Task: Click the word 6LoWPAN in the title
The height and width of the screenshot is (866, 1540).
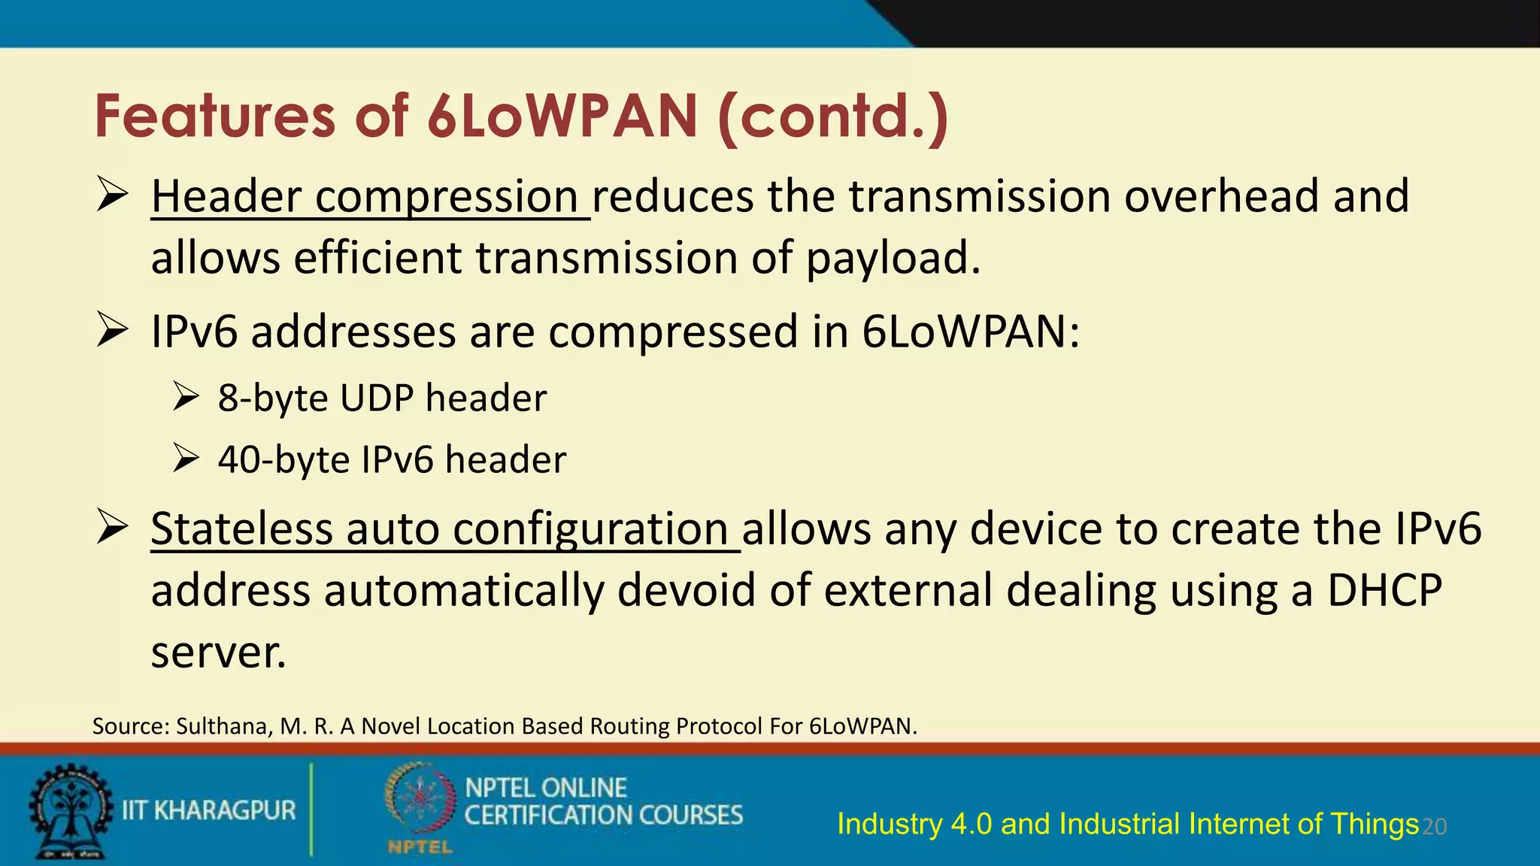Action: pyautogui.click(x=562, y=117)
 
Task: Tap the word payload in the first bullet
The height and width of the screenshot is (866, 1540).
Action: pyautogui.click(x=893, y=259)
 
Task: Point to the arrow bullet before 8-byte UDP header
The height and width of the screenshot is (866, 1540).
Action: pyautogui.click(x=185, y=396)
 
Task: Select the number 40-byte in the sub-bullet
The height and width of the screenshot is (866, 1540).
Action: pyautogui.click(x=283, y=460)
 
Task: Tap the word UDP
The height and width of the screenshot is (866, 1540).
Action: pyautogui.click(x=376, y=398)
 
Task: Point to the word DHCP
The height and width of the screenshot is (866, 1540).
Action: pyautogui.click(x=1384, y=591)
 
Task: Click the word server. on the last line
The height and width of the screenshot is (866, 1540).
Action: pyautogui.click(x=218, y=653)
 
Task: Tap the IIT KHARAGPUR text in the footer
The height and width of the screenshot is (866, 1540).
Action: pyautogui.click(x=209, y=810)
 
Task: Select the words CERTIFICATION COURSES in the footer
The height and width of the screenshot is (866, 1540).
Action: pyautogui.click(x=603, y=816)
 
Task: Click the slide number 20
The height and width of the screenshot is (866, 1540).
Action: pyautogui.click(x=1435, y=827)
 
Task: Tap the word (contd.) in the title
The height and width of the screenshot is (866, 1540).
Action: pyautogui.click(x=833, y=117)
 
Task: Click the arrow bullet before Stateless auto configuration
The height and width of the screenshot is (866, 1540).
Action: pyautogui.click(x=112, y=528)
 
